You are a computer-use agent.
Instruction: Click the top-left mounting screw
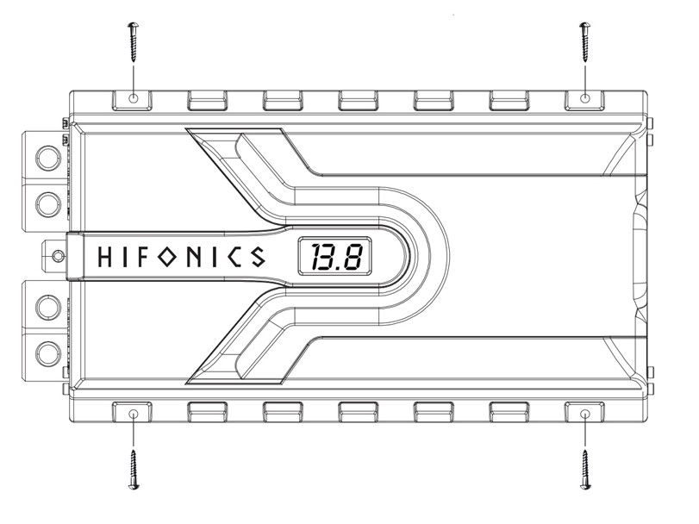[134, 42]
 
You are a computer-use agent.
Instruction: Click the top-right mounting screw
[585, 42]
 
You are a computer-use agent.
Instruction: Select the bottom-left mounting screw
[134, 470]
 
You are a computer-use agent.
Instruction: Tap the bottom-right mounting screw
[585, 470]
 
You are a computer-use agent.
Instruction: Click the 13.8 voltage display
[334, 256]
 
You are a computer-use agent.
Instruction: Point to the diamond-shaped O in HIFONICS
[167, 257]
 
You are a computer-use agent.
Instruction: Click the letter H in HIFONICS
[104, 257]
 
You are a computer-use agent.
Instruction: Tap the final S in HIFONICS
[258, 257]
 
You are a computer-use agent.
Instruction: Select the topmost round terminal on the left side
[48, 158]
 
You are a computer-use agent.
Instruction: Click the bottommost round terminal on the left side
[48, 355]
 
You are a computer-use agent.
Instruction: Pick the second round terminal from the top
[48, 205]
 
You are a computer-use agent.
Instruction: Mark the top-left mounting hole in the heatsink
[134, 98]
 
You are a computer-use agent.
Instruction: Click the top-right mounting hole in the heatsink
[585, 98]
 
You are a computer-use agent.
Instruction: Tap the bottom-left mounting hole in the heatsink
[134, 415]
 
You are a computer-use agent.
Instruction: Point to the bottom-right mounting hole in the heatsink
[585, 415]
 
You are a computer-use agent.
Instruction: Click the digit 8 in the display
[353, 257]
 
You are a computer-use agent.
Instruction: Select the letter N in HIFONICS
[195, 257]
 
